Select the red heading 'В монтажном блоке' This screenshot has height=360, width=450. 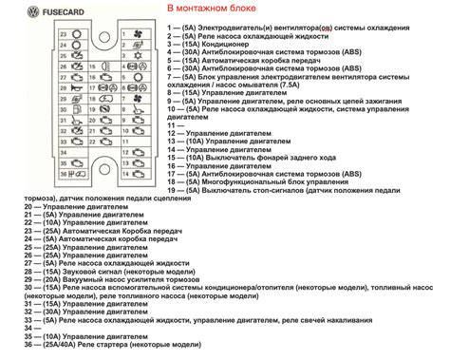coord(215,9)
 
